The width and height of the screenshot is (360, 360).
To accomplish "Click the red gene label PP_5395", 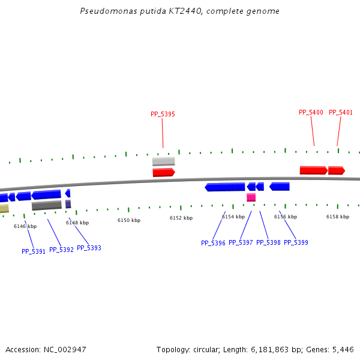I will (x=163, y=114).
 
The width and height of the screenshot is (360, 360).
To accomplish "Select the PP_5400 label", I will (x=311, y=112).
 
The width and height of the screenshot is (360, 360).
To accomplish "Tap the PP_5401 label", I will (x=341, y=112).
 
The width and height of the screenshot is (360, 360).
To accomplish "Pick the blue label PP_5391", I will (x=34, y=251).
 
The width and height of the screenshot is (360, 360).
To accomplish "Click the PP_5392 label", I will (x=61, y=250).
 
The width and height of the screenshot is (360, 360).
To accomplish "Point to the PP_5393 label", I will (x=89, y=248).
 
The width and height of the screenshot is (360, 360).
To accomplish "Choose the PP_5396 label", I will (x=213, y=243).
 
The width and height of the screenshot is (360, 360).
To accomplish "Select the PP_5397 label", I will (x=241, y=242).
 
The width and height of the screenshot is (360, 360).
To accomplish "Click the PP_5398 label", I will (x=268, y=242).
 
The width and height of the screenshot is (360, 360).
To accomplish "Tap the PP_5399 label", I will (x=296, y=242).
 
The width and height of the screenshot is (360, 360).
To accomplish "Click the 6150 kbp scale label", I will (x=129, y=220).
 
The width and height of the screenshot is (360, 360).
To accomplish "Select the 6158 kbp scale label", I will (x=338, y=217).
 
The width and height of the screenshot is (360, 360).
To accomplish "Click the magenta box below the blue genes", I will (x=251, y=197).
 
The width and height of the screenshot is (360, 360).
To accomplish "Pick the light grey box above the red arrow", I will (x=163, y=161).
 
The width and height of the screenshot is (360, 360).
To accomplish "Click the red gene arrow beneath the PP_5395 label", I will (x=163, y=172).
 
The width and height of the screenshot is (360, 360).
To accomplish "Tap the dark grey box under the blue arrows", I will (x=46, y=205).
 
